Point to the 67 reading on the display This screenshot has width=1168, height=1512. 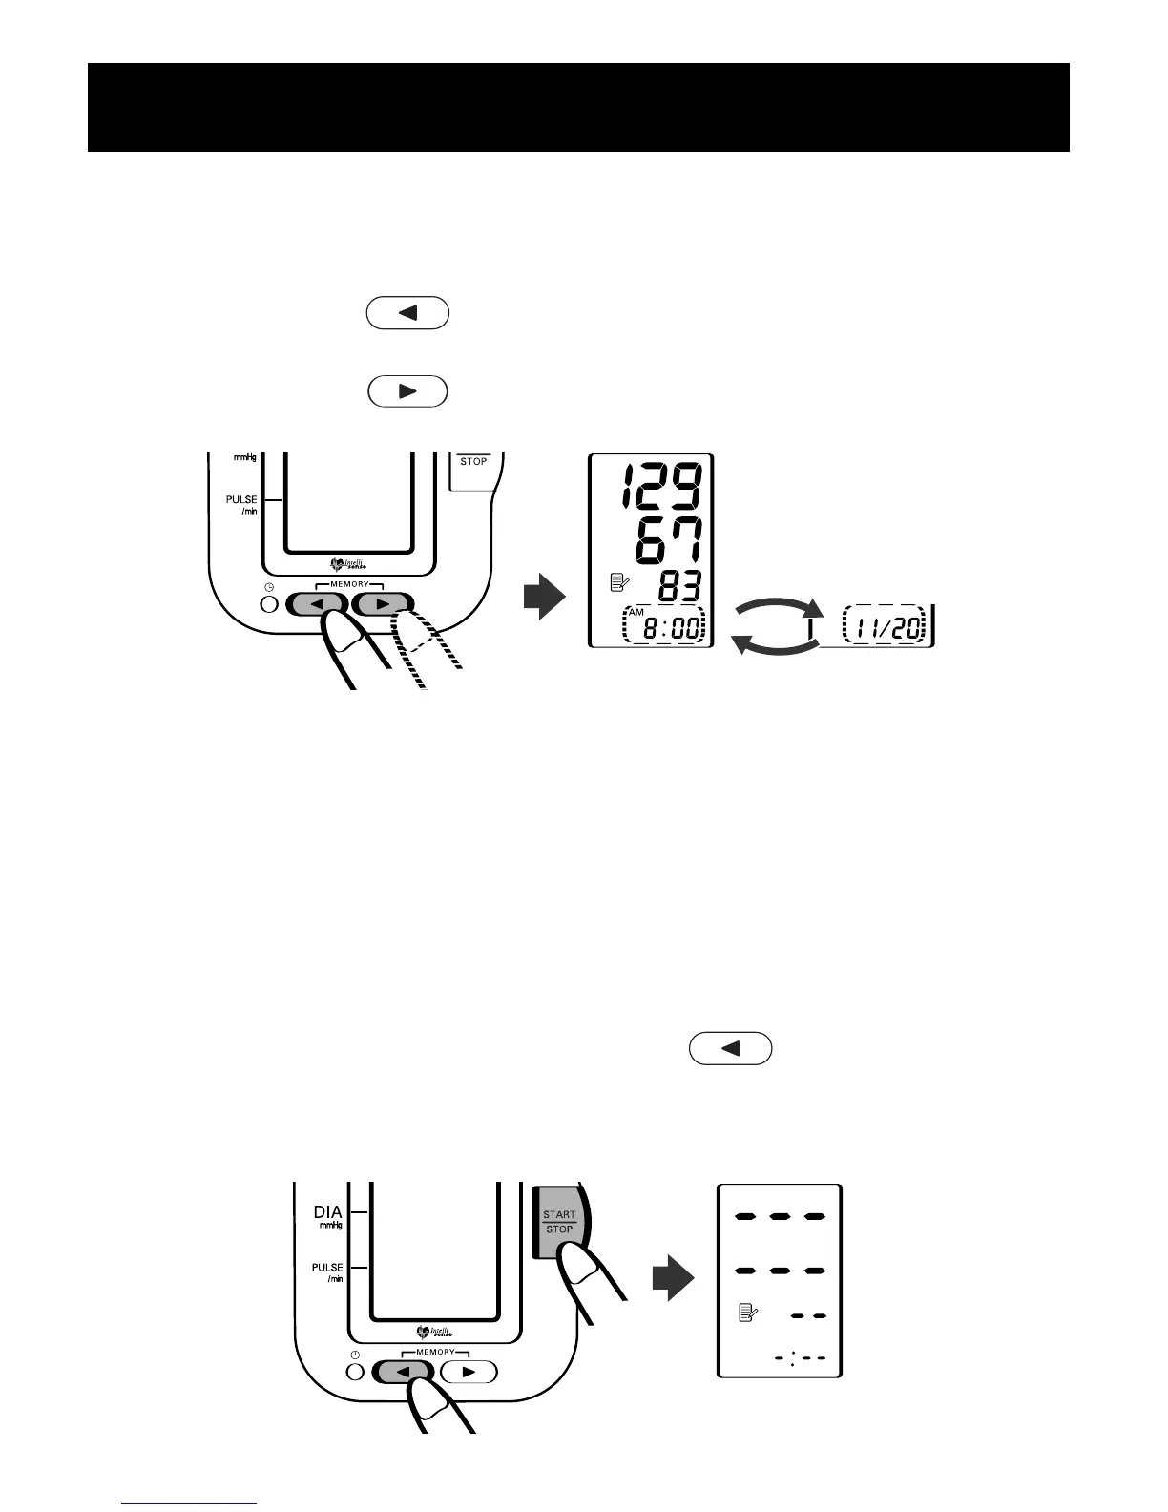point(668,540)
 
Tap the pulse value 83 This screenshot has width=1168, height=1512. point(678,586)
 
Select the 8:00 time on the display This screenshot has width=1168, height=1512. point(668,628)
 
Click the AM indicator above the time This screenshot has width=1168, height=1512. point(636,611)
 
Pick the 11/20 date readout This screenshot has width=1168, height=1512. point(885,625)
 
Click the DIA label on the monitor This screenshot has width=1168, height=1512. point(327,1212)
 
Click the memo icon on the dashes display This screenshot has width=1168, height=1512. point(748,1314)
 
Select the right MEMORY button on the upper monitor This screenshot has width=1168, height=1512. point(384,604)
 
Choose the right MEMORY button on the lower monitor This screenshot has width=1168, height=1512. point(468,1372)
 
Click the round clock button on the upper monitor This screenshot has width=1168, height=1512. point(270,605)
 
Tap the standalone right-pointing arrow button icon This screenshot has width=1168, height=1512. point(407,392)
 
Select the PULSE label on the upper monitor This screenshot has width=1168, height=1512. point(241,499)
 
